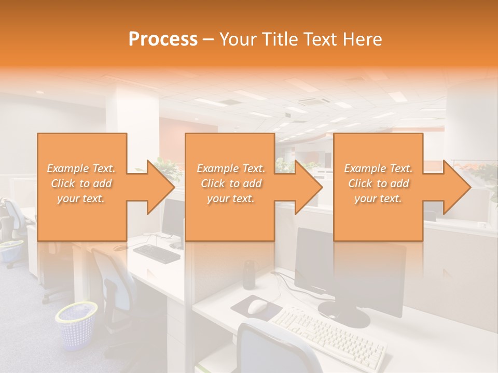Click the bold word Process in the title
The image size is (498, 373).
(x=163, y=39)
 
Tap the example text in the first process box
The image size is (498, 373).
(x=81, y=183)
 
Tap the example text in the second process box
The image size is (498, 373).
(x=230, y=183)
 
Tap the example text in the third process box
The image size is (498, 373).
(x=378, y=183)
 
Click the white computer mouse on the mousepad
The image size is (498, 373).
(x=257, y=307)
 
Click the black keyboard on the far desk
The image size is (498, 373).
(x=156, y=253)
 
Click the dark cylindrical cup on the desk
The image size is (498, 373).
(x=249, y=274)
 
